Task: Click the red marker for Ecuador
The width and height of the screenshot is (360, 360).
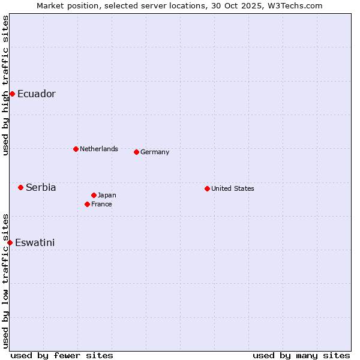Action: click(x=12, y=94)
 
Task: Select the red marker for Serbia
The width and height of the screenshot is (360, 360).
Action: click(x=20, y=187)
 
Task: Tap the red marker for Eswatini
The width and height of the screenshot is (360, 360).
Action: click(x=10, y=242)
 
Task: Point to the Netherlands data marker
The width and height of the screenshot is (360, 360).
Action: click(x=76, y=149)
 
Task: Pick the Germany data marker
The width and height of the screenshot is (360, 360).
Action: click(x=136, y=152)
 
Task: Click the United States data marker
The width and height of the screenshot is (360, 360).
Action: click(x=207, y=188)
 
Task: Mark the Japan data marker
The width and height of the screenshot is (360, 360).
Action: click(x=94, y=195)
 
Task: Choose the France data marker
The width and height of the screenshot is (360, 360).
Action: click(x=87, y=204)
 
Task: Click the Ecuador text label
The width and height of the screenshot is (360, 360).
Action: click(x=37, y=94)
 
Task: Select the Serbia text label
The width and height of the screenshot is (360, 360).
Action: click(x=41, y=187)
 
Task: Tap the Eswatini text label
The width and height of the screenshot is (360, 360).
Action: click(x=35, y=242)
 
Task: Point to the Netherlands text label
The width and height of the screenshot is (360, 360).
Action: click(x=99, y=149)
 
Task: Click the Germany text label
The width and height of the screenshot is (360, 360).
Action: click(x=155, y=152)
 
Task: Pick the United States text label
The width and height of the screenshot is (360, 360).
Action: click(x=233, y=188)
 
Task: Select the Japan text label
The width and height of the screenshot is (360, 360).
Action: click(x=107, y=195)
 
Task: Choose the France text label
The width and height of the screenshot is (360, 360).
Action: click(x=101, y=204)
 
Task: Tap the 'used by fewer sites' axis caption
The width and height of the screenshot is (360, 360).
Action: click(x=62, y=355)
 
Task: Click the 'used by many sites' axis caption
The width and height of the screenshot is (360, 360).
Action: click(x=301, y=355)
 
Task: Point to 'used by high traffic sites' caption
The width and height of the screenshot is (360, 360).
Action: click(x=5, y=85)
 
